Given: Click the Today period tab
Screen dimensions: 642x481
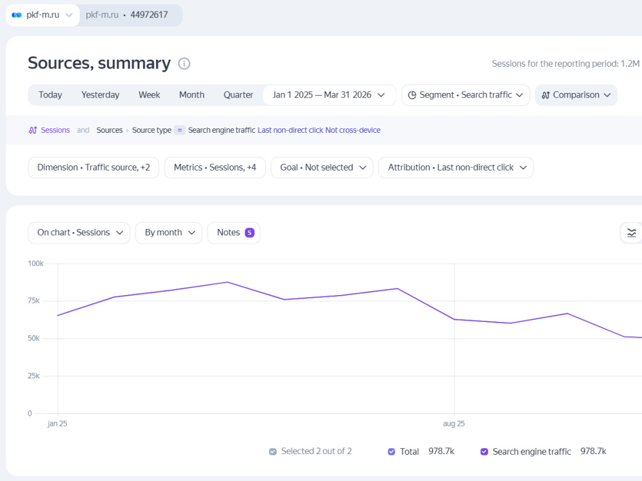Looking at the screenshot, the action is coord(50,95).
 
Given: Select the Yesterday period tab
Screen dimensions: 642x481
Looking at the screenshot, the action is coord(100,95).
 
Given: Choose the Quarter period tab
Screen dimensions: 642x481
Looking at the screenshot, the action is coord(238,95).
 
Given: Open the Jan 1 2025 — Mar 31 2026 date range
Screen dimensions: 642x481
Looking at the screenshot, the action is coord(329,95).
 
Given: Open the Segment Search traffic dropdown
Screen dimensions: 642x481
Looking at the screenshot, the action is coord(465,95).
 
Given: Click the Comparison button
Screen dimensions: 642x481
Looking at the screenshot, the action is coord(576,95).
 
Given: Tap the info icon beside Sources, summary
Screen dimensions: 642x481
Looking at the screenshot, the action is coord(184,63).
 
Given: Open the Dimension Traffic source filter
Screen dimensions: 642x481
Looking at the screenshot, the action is coord(93,167).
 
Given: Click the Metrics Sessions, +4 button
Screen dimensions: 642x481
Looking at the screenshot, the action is coord(215,167).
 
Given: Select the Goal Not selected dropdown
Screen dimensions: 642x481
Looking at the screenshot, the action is coord(322,167).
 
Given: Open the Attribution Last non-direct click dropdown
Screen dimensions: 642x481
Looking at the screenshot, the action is coord(456,167).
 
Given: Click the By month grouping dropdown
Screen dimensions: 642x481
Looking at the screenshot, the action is coord(169,233).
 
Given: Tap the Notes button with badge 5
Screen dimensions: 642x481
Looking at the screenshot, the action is coord(234,233).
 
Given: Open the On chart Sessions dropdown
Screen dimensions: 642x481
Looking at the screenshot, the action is coord(79,233).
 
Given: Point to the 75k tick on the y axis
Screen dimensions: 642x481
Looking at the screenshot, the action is coord(33,301).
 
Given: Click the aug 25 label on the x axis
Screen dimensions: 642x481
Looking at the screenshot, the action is coord(454,424).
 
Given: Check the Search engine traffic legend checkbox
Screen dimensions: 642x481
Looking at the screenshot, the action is coord(484,451).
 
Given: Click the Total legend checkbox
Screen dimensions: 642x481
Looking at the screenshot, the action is coord(392,451).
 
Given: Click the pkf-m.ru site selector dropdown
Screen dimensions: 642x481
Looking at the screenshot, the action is coord(42,15).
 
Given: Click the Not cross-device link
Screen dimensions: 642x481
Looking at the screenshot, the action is coord(353,130).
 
